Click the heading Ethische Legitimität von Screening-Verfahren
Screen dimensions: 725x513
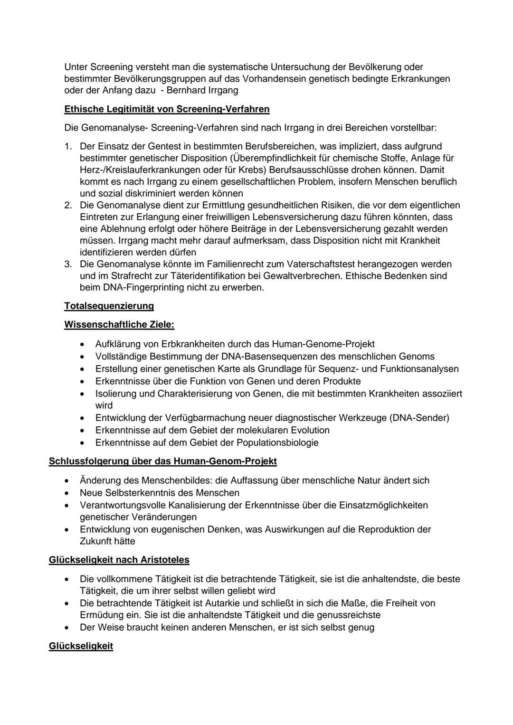click(167, 109)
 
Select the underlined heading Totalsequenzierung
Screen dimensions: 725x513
click(109, 306)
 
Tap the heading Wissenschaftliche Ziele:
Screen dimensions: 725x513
click(119, 325)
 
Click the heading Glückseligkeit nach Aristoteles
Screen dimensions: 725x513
click(119, 560)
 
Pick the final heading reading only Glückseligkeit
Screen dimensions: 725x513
click(81, 646)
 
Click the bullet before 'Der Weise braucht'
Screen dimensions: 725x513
click(69, 628)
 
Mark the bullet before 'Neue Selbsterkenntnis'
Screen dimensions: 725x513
click(69, 493)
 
